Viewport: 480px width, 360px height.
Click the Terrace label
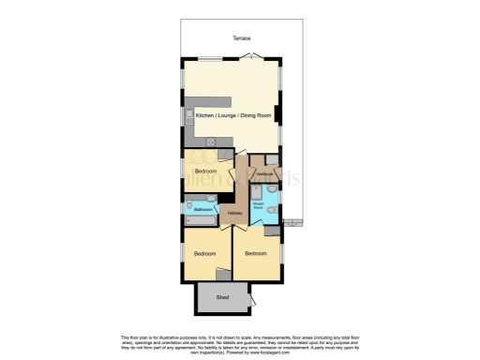click(x=241, y=38)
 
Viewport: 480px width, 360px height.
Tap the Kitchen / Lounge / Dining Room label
click(x=232, y=113)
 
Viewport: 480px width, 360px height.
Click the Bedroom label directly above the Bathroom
click(x=205, y=172)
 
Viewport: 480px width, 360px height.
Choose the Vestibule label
click(x=264, y=173)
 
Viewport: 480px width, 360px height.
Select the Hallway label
click(x=235, y=214)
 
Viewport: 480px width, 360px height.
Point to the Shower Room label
click(x=256, y=205)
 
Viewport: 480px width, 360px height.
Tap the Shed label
click(x=222, y=298)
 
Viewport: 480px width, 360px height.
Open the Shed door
click(x=251, y=301)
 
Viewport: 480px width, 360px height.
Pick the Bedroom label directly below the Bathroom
click(x=205, y=253)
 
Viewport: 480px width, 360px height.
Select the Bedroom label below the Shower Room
click(x=257, y=252)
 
